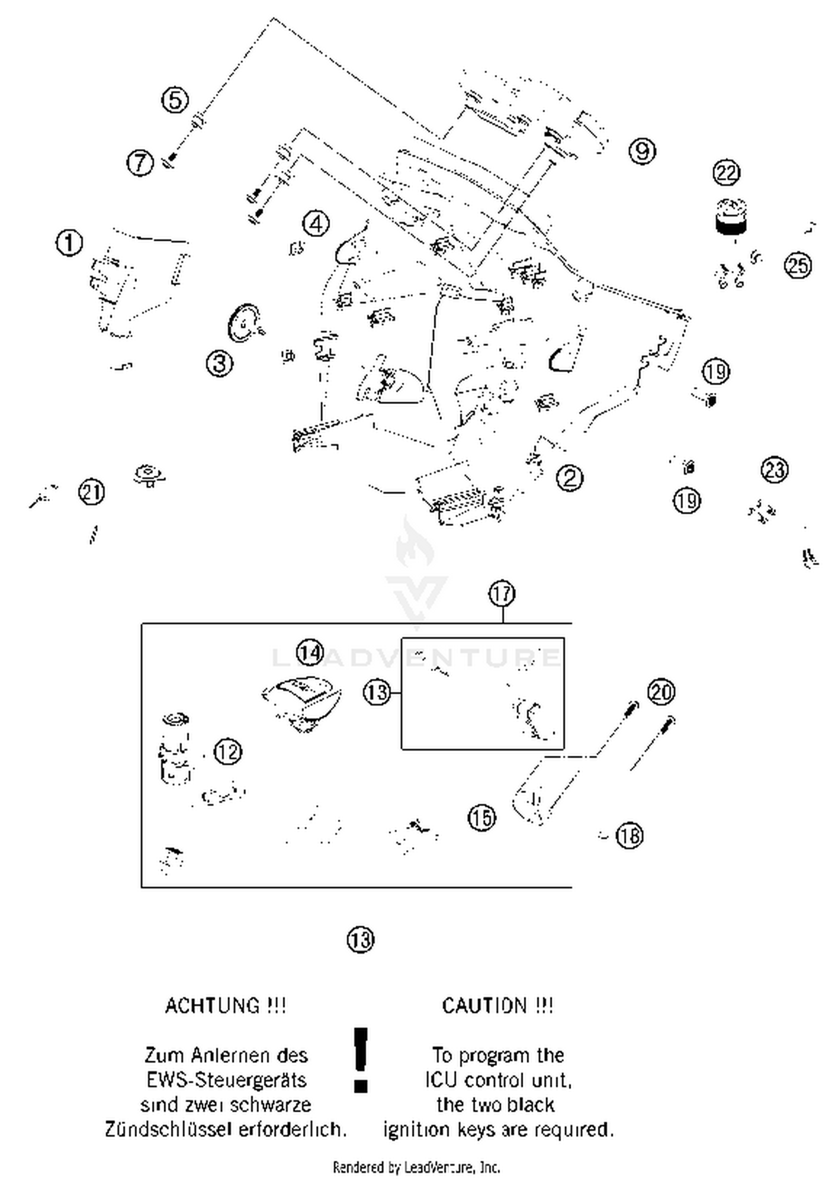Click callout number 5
(x=175, y=100)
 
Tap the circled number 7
(x=140, y=163)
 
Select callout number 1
(x=70, y=243)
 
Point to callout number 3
(x=220, y=364)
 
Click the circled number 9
(x=642, y=151)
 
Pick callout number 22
(x=726, y=173)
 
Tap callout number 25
(x=798, y=265)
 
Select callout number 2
(x=569, y=477)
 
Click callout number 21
(x=92, y=492)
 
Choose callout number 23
(x=774, y=470)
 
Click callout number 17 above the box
(x=502, y=594)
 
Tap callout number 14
(x=310, y=652)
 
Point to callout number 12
(x=228, y=752)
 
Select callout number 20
(x=661, y=692)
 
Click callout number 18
(x=630, y=836)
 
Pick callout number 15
(x=482, y=818)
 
